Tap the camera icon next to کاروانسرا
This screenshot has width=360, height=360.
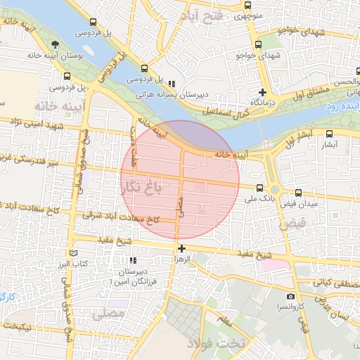coord(291,297)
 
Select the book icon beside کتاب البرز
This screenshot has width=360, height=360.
coord(74,253)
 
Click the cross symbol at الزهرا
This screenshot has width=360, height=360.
coord(181,248)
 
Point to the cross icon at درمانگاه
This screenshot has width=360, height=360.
coord(262,92)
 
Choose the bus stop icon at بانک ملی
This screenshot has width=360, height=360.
coord(260,188)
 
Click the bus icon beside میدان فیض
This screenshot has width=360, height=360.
coord(299,192)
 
